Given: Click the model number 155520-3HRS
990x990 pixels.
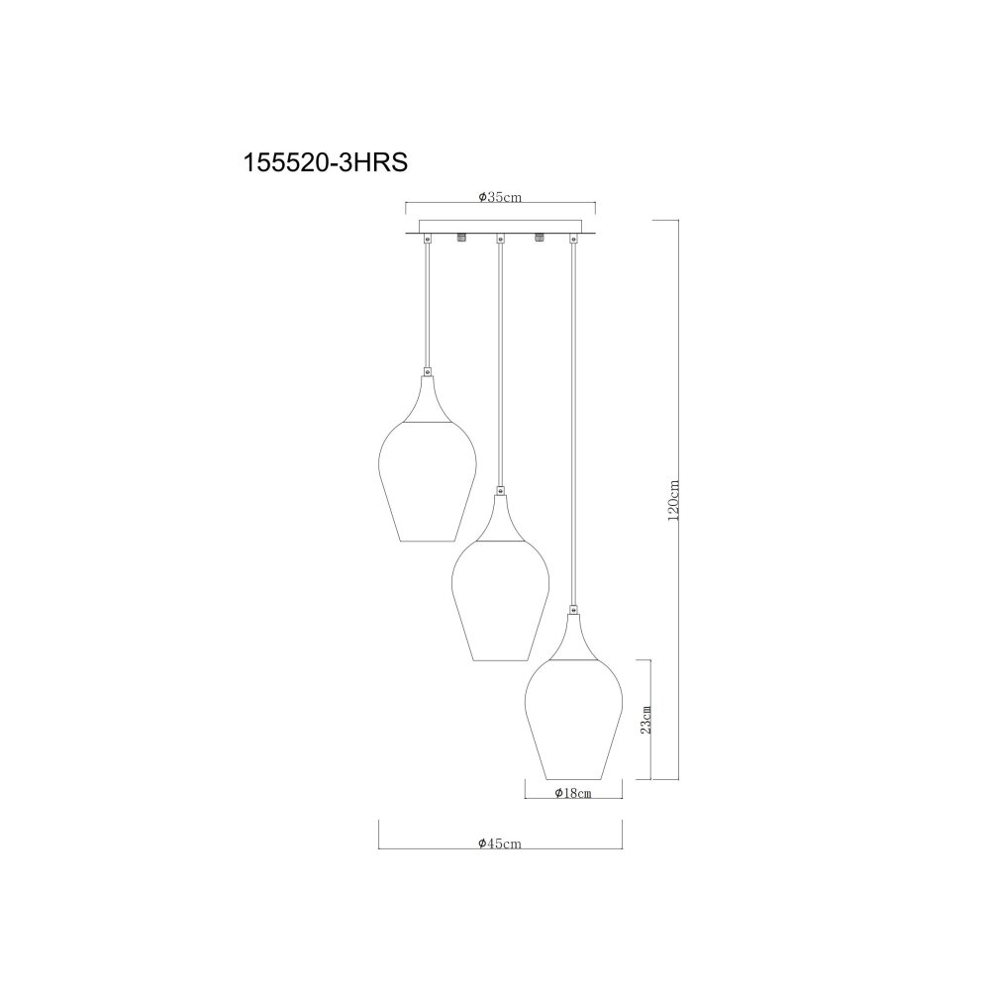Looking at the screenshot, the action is pyautogui.click(x=325, y=163).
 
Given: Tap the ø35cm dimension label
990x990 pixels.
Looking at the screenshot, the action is pyautogui.click(x=500, y=197).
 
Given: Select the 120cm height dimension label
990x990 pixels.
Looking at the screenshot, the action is pyautogui.click(x=673, y=499).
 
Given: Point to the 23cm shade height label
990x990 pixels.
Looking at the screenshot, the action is pyautogui.click(x=644, y=719).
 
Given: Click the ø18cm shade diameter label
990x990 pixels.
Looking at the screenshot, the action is pyautogui.click(x=573, y=793).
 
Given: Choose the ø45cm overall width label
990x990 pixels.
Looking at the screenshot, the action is pyautogui.click(x=500, y=842).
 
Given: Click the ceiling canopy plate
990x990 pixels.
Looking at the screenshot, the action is pyautogui.click(x=500, y=228).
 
